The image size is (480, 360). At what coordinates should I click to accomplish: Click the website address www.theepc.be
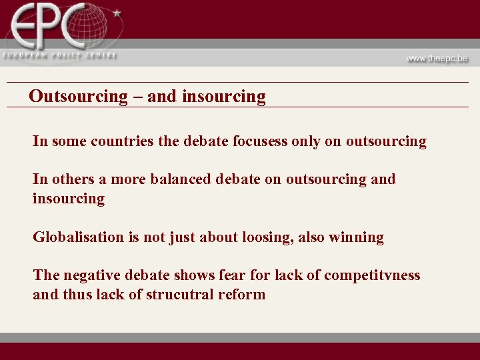(x=437, y=58)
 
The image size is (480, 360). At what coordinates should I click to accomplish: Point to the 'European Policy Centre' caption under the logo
(x=59, y=55)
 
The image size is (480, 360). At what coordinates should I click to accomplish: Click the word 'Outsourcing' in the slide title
(x=78, y=97)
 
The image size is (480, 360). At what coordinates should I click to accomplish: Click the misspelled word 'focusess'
(x=260, y=141)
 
